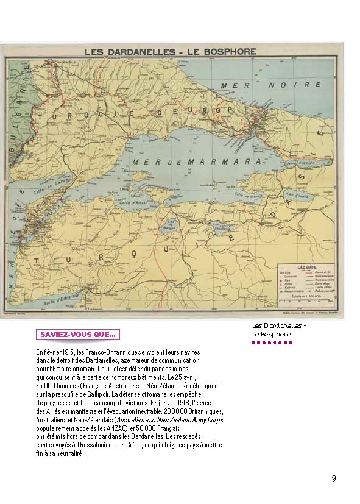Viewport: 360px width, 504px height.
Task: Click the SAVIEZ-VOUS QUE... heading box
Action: [x=78, y=335]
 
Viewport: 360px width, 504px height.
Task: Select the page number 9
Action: [x=334, y=478]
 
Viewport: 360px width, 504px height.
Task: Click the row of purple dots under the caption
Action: [x=272, y=343]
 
